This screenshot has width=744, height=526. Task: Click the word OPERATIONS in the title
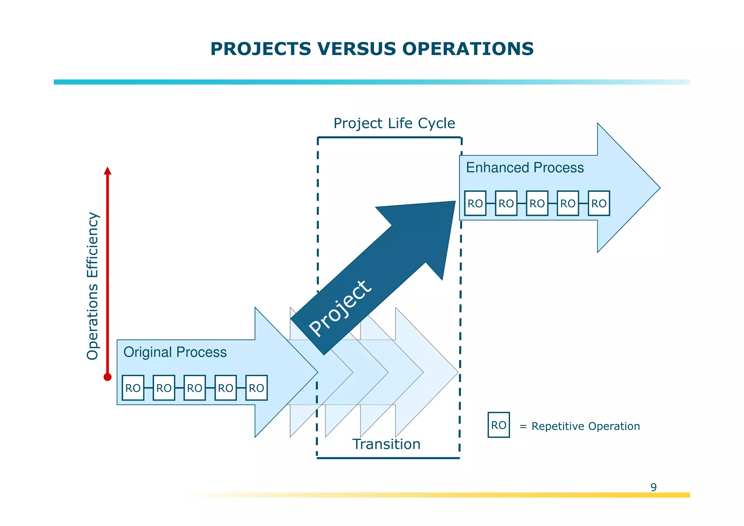click(468, 49)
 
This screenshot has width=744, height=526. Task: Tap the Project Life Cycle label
click(394, 123)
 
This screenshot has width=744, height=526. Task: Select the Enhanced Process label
click(525, 168)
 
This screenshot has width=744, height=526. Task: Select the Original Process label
click(175, 352)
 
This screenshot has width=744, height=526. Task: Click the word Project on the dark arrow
click(340, 309)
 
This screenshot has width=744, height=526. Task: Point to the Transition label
click(386, 444)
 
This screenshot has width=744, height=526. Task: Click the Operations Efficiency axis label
click(92, 286)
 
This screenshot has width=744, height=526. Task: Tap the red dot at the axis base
click(108, 377)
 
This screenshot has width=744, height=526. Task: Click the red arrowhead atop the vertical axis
click(108, 170)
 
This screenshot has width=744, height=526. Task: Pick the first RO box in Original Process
click(133, 388)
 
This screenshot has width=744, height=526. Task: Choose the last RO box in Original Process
click(256, 388)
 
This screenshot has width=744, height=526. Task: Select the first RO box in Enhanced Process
click(475, 203)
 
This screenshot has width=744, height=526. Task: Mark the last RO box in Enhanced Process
click(599, 203)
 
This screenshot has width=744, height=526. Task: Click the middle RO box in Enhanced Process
click(537, 203)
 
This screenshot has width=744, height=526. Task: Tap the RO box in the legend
click(498, 425)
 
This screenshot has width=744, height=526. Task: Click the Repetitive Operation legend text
click(585, 426)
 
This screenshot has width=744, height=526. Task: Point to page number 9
click(653, 487)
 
